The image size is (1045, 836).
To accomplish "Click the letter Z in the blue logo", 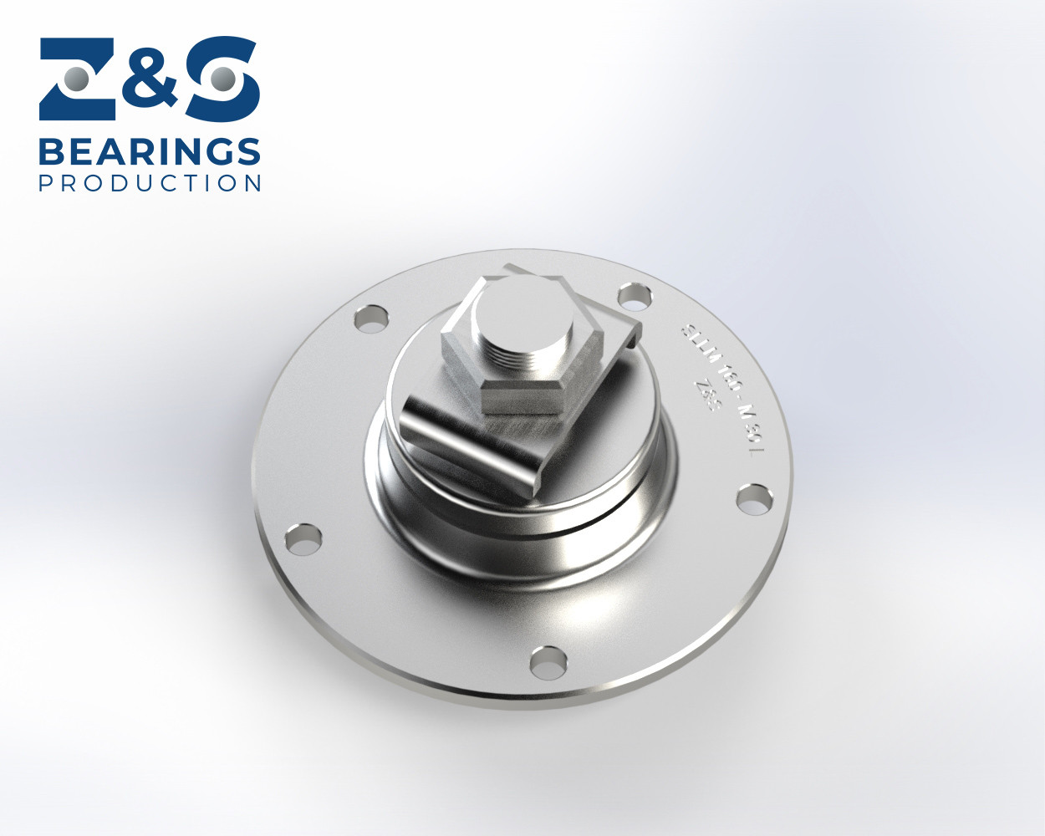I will (x=77, y=79).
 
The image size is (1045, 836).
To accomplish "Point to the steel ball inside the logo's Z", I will (x=77, y=79).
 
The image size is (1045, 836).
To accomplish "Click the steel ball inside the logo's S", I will (x=222, y=79).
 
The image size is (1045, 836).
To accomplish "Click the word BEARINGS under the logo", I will (x=150, y=152).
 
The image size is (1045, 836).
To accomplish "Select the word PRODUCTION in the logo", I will (x=150, y=183).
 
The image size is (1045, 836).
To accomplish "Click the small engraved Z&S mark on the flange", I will (x=707, y=394).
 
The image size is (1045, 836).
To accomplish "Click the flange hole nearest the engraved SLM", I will (x=635, y=295).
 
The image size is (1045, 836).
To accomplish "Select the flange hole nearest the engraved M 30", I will (x=754, y=499).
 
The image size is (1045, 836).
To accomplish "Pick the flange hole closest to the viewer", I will (x=548, y=660).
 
